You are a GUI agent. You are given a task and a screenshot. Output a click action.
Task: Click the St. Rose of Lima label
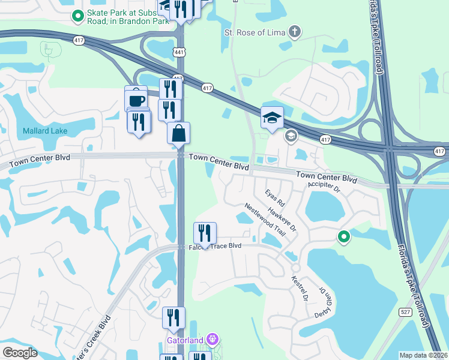[255, 32]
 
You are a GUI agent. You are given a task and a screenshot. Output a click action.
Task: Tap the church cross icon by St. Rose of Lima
[294, 31]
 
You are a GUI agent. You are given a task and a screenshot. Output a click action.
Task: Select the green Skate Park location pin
[77, 16]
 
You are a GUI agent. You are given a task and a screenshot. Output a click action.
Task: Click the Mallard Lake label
[45, 131]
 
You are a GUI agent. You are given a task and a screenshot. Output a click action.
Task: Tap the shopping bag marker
[179, 134]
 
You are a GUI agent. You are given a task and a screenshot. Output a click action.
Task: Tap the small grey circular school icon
[291, 136]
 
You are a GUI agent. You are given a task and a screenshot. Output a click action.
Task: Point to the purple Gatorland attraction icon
[211, 340]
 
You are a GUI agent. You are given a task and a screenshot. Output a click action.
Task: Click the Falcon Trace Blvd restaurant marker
[205, 233]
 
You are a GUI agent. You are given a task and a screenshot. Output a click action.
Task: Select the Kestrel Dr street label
[299, 289]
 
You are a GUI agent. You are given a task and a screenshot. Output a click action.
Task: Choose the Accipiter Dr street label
[324, 188]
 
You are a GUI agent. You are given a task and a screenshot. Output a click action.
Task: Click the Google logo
[20, 353]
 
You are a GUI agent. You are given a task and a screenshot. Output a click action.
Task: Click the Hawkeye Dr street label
[283, 220]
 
